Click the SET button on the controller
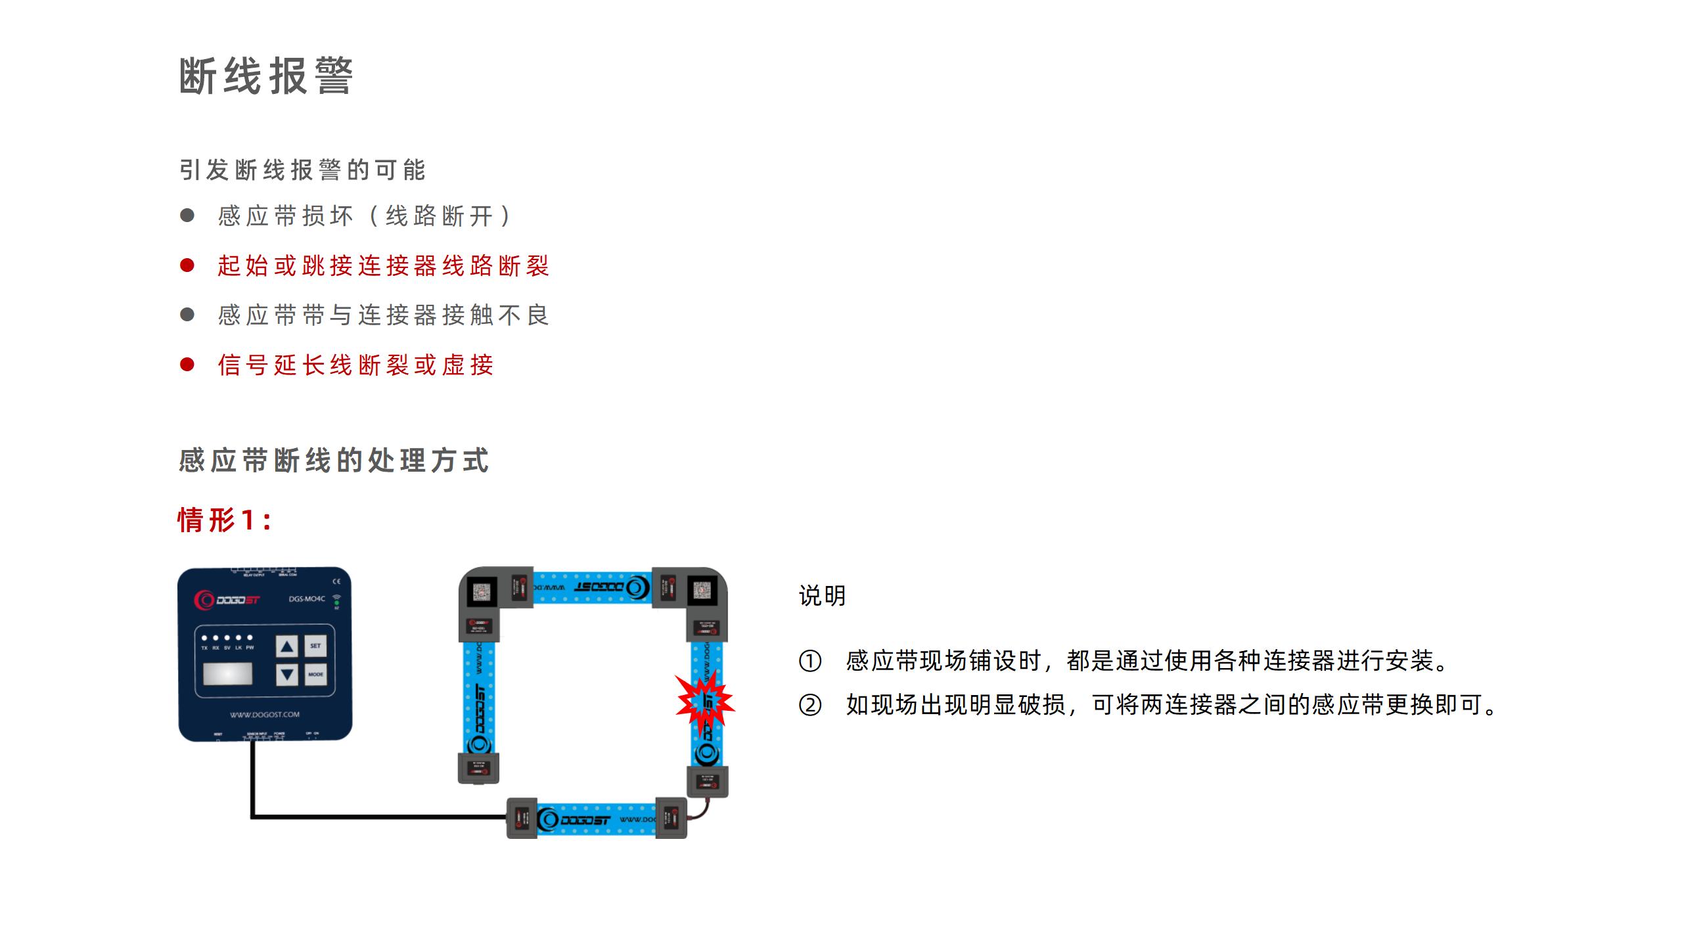315,646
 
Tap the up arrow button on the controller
286,646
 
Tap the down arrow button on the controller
286,674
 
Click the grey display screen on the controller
227,674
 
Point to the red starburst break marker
706,702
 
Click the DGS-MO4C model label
307,598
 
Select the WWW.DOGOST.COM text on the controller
265,715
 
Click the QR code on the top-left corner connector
481,591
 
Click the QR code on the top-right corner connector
702,591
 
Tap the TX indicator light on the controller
204,638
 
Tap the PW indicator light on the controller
250,638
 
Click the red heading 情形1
224,520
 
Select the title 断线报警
266,76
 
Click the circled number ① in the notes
809,661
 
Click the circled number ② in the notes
809,706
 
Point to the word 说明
822,596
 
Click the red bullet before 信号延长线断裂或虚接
187,365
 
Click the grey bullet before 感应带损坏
187,215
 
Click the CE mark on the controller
336,581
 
